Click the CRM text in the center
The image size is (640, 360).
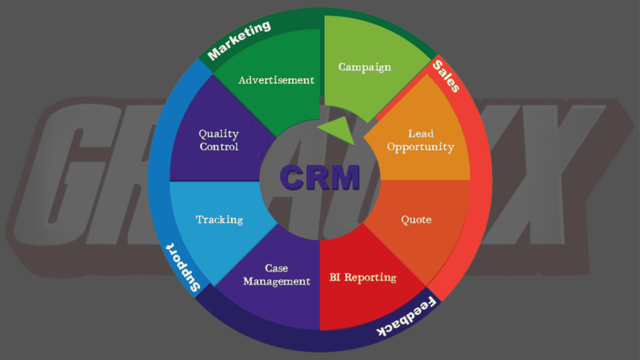pos(319,177)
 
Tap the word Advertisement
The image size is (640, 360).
pos(276,80)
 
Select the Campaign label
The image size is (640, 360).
pos(364,67)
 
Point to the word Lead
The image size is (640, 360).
pos(421,134)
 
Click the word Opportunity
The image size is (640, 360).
pos(420,147)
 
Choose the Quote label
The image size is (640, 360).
pos(416,220)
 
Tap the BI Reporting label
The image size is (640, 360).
pos(362,277)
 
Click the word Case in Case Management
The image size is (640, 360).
pos(276,268)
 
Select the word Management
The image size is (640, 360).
pos(276,281)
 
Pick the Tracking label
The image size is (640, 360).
pos(219,219)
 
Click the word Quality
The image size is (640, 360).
pos(218,134)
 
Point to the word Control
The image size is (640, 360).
pos(218,147)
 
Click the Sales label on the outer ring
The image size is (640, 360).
pos(446,76)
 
